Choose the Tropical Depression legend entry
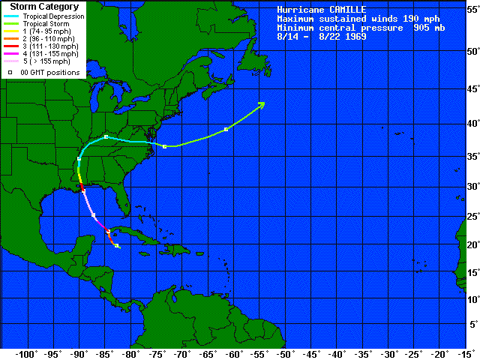point(52,16)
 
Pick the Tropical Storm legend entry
point(45,24)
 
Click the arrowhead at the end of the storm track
point(262,104)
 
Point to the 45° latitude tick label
point(470,89)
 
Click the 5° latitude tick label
point(472,325)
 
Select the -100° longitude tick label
point(27,353)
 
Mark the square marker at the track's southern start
point(117,246)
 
